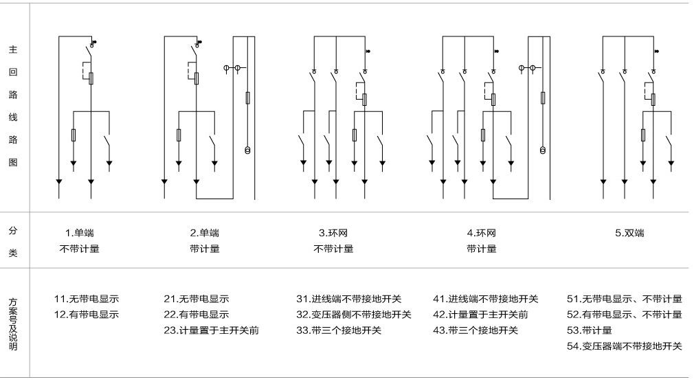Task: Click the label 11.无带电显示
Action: [87, 299]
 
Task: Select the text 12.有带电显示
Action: [87, 315]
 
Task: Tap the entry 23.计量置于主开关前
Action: [211, 330]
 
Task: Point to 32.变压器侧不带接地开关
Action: [354, 315]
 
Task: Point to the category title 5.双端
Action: [629, 233]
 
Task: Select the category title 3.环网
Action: [333, 233]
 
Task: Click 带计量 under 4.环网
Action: [481, 249]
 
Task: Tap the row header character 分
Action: [13, 231]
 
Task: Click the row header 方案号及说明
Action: [13, 324]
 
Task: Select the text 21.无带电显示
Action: [197, 299]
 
